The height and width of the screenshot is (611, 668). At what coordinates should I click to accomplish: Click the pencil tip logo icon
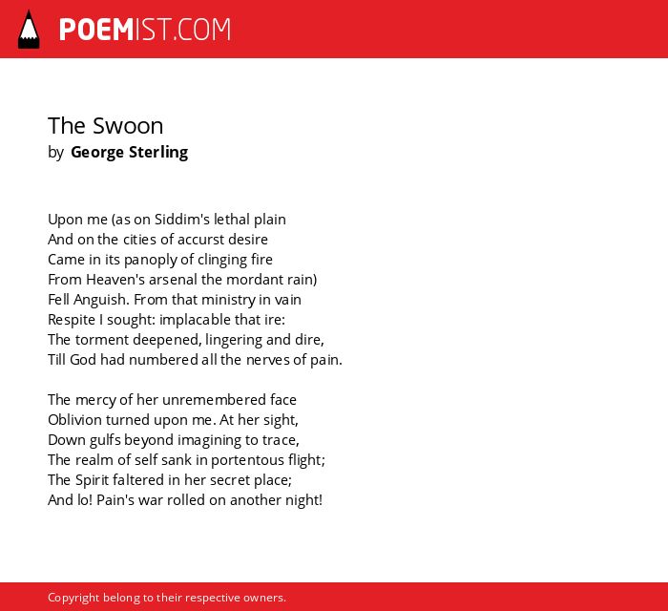29,30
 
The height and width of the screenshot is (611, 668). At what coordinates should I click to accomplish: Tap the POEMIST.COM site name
145,30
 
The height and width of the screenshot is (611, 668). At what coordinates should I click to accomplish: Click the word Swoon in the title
128,126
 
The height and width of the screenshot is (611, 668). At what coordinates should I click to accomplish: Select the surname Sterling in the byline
158,153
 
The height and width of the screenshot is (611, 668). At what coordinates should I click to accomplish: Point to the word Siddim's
181,219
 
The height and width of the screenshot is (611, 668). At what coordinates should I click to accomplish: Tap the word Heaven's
110,280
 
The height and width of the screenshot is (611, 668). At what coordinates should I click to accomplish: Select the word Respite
72,320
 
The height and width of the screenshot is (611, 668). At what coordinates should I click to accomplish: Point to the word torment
102,340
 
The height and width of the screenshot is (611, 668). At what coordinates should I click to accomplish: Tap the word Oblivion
74,420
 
